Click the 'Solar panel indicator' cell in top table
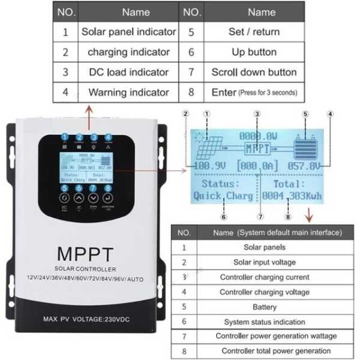[x=128, y=32]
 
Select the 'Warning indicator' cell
[x=128, y=92]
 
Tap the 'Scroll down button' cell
[x=254, y=72]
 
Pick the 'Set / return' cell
[x=254, y=32]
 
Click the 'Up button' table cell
[x=254, y=52]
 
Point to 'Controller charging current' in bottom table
[x=265, y=277]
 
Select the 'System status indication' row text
[x=265, y=322]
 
